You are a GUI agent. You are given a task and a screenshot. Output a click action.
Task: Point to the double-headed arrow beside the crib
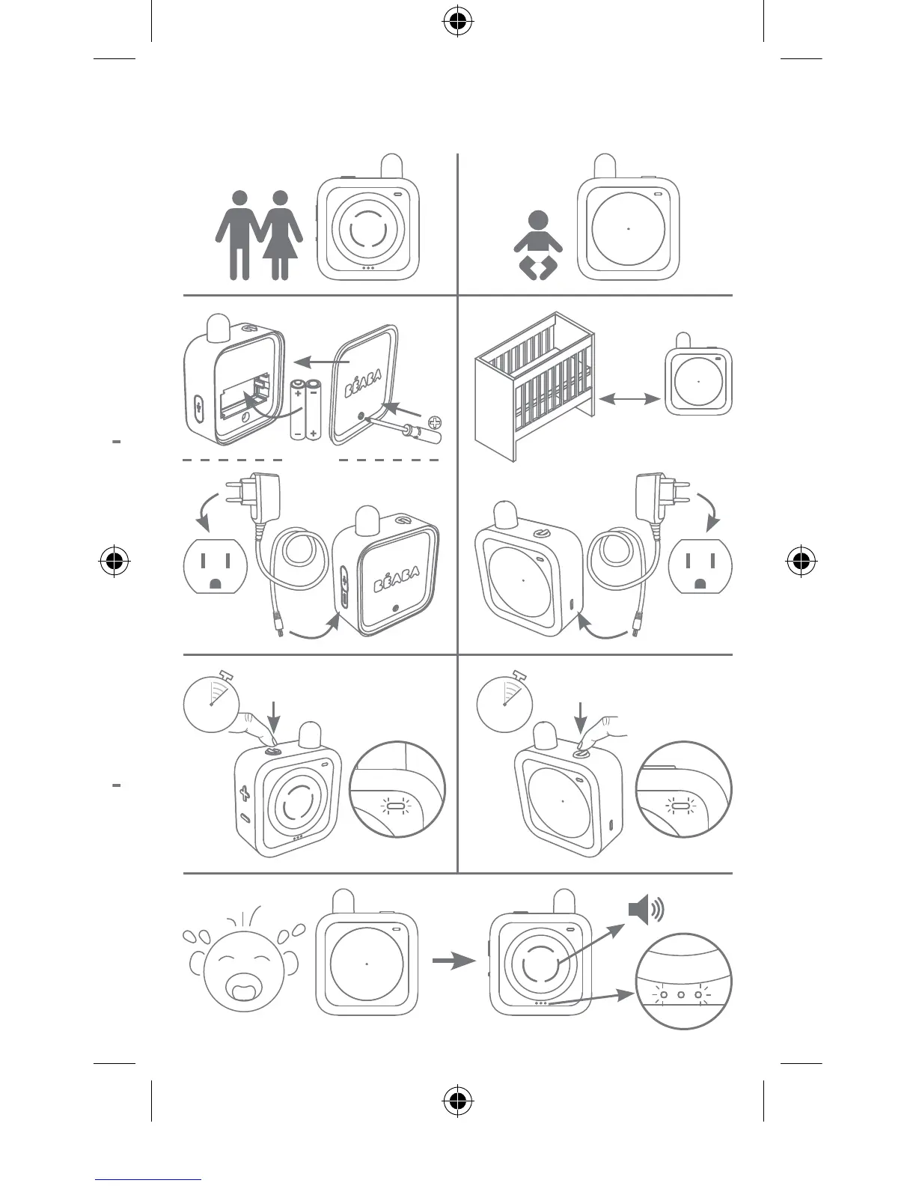tap(630, 400)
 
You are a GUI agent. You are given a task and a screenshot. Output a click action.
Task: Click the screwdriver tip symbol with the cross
tap(435, 422)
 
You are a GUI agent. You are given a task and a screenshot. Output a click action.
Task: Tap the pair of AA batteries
tap(305, 409)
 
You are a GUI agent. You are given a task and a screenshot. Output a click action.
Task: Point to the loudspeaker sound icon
tap(646, 910)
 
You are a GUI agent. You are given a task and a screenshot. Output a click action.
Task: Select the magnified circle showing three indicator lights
tap(683, 981)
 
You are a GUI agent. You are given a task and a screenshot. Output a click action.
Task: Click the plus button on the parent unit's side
tap(244, 792)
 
